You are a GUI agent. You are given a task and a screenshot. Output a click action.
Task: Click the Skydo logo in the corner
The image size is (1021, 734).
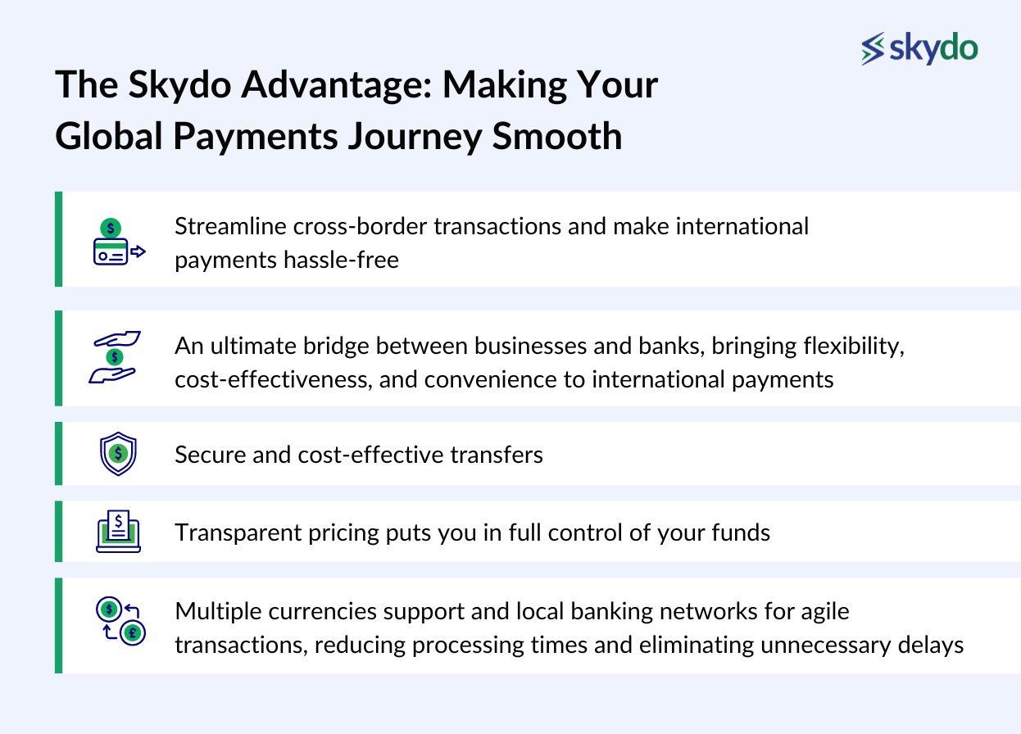(x=919, y=48)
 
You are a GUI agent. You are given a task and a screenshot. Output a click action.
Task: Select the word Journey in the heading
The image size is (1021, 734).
(x=414, y=136)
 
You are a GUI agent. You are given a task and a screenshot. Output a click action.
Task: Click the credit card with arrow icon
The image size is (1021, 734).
(x=118, y=242)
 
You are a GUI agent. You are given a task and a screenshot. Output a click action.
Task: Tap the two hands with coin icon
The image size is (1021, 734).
(x=115, y=357)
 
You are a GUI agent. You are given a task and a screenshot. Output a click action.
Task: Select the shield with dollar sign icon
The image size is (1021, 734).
(x=118, y=454)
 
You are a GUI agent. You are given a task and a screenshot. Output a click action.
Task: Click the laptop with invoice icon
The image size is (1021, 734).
(x=118, y=532)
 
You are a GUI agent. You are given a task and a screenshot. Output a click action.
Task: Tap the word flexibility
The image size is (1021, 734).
(x=853, y=346)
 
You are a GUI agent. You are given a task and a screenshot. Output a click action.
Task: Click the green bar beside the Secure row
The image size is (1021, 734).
(x=58, y=454)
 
